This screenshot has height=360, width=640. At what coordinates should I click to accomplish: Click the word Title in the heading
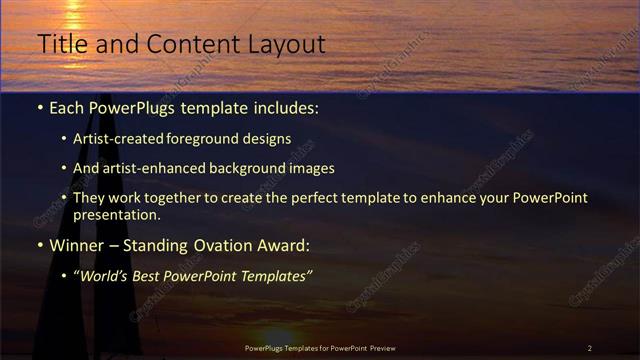[60, 44]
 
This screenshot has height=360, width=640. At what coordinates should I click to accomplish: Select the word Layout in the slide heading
[290, 44]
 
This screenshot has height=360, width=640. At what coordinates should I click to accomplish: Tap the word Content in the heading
[191, 44]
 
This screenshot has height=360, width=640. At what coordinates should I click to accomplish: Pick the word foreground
[208, 139]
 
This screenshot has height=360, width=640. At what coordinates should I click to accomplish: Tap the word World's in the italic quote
[107, 276]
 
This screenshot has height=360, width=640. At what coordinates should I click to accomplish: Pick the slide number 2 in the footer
[589, 348]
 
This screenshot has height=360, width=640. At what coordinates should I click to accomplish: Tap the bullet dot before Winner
[40, 246]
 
